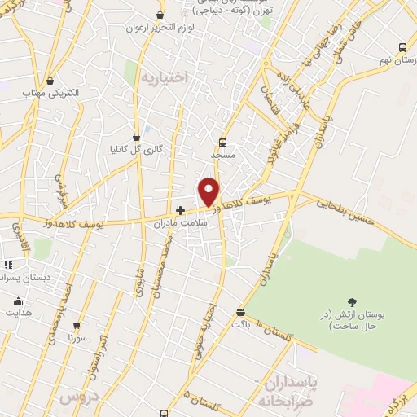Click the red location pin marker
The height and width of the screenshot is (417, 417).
[x=209, y=192]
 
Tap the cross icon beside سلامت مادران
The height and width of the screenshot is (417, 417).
[x=180, y=210]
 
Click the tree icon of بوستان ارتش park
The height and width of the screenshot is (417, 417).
[x=352, y=303]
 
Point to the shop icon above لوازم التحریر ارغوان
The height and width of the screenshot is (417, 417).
[x=160, y=15]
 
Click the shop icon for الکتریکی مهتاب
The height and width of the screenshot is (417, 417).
[x=51, y=81]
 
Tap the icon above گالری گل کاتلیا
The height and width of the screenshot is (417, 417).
[x=135, y=137]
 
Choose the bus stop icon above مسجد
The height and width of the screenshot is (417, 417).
[x=222, y=142]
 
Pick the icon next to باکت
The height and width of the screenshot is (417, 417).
[x=240, y=312]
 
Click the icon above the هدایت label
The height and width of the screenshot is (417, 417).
[x=19, y=301]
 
